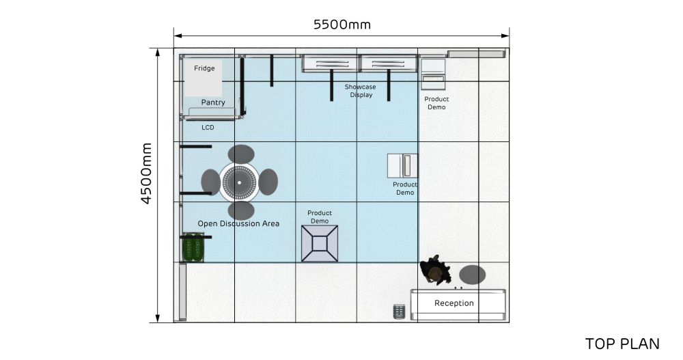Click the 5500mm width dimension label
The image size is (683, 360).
point(342,25)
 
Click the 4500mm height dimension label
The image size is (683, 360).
point(146,174)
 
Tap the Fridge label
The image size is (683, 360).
point(204,68)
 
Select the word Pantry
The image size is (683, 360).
point(213,102)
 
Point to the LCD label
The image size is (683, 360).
point(208,127)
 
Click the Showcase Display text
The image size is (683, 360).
point(360,91)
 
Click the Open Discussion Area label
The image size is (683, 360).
point(238,223)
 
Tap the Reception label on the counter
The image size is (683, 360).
point(454,303)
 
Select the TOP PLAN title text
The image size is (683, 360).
point(622,344)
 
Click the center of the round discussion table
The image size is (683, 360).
point(239,182)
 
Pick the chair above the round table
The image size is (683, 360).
point(241,154)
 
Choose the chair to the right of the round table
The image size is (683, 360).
point(268,182)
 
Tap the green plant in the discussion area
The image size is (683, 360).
point(193,247)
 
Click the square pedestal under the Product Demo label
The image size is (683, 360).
point(320,244)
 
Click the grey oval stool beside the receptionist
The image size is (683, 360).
point(472,275)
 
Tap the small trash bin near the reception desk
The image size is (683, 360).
point(399,311)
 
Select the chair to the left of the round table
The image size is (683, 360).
point(211,182)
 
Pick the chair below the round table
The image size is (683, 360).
point(241,210)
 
